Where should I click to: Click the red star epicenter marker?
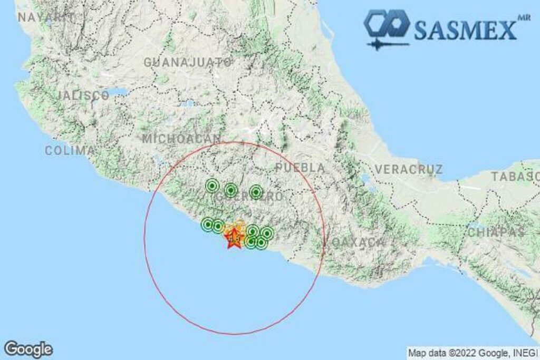pos(233,238)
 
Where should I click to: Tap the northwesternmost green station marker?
pos(212,186)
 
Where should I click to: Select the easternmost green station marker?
pos(267,233)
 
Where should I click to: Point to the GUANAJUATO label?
pos(188,62)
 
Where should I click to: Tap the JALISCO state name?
pos(83,96)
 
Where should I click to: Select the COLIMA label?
pos(70,151)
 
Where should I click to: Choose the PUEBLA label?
pos(300,168)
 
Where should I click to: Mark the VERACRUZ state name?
pos(409,170)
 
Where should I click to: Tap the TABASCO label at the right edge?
pos(516,177)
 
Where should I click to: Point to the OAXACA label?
pos(359,242)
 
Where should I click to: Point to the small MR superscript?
pos(523,17)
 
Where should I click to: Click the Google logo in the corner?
pos(28,349)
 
